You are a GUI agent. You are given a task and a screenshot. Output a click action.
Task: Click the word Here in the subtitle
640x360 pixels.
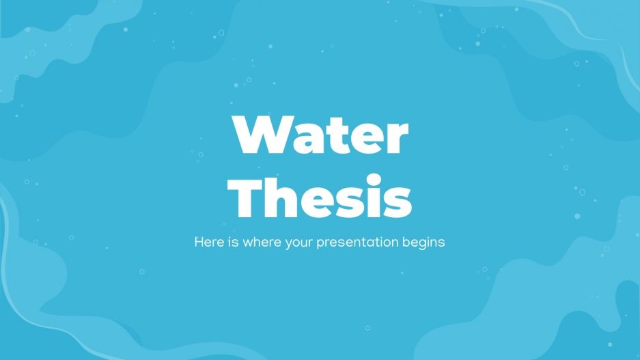coord(207,242)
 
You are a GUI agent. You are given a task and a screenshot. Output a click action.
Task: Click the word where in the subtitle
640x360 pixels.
coord(255,242)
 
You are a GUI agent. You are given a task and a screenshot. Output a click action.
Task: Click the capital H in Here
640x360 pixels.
coord(199,242)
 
